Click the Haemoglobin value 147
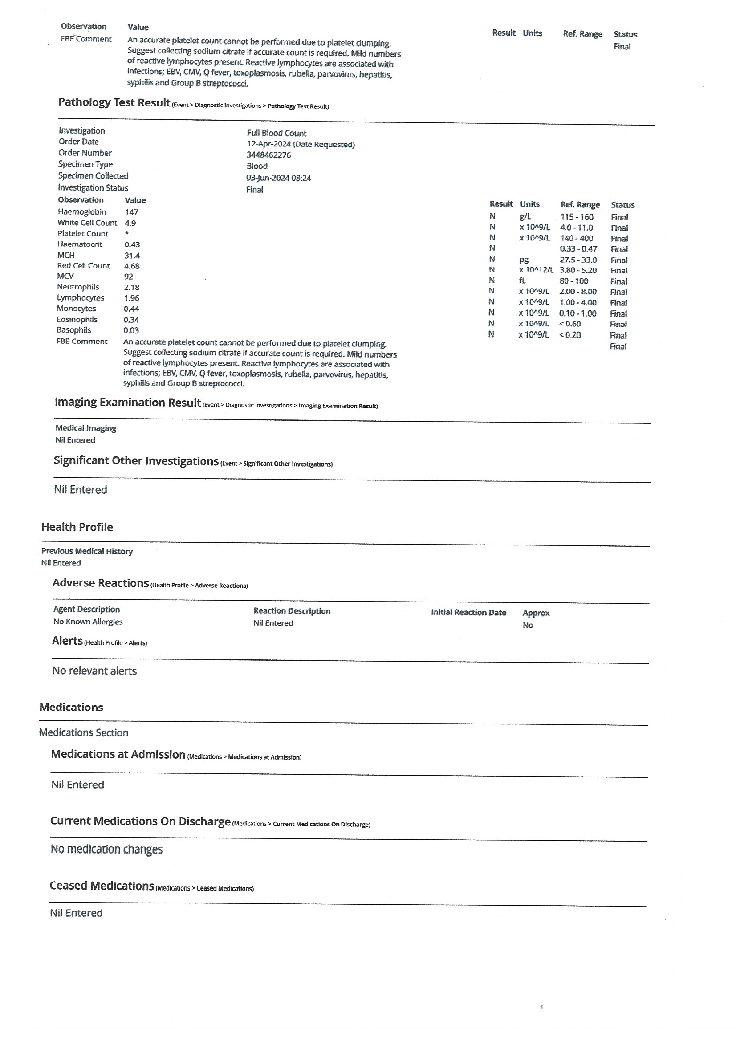131,212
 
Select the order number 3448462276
268,155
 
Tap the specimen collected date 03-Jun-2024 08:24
278,178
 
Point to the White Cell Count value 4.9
130,223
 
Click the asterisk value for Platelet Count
127,233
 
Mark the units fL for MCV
522,281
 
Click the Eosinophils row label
77,319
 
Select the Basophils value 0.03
131,330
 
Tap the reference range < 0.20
569,335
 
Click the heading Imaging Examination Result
127,402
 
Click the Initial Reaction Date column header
468,612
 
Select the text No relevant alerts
94,671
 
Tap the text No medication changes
106,849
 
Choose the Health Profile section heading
77,527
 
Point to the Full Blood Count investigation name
276,133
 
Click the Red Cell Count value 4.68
131,266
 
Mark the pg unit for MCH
524,260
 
